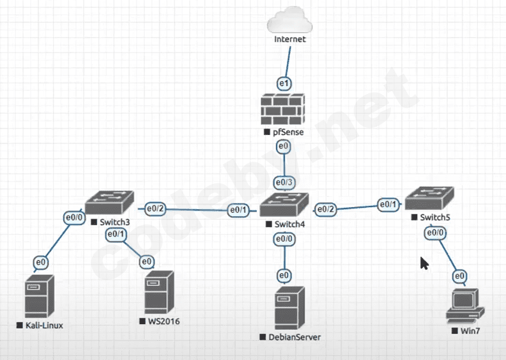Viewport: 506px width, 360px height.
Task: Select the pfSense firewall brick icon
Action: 284,109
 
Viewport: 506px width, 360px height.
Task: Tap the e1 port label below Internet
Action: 284,83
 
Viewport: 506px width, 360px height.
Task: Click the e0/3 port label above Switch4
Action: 284,183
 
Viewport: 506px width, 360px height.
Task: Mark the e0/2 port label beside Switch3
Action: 155,208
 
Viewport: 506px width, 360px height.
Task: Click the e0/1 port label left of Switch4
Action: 239,209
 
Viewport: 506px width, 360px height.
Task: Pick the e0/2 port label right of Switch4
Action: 325,209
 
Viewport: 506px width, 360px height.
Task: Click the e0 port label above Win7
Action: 459,276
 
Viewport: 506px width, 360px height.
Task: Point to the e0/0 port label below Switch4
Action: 284,239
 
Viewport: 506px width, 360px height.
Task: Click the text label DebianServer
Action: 294,337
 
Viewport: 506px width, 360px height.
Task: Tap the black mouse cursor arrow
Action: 424,263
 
